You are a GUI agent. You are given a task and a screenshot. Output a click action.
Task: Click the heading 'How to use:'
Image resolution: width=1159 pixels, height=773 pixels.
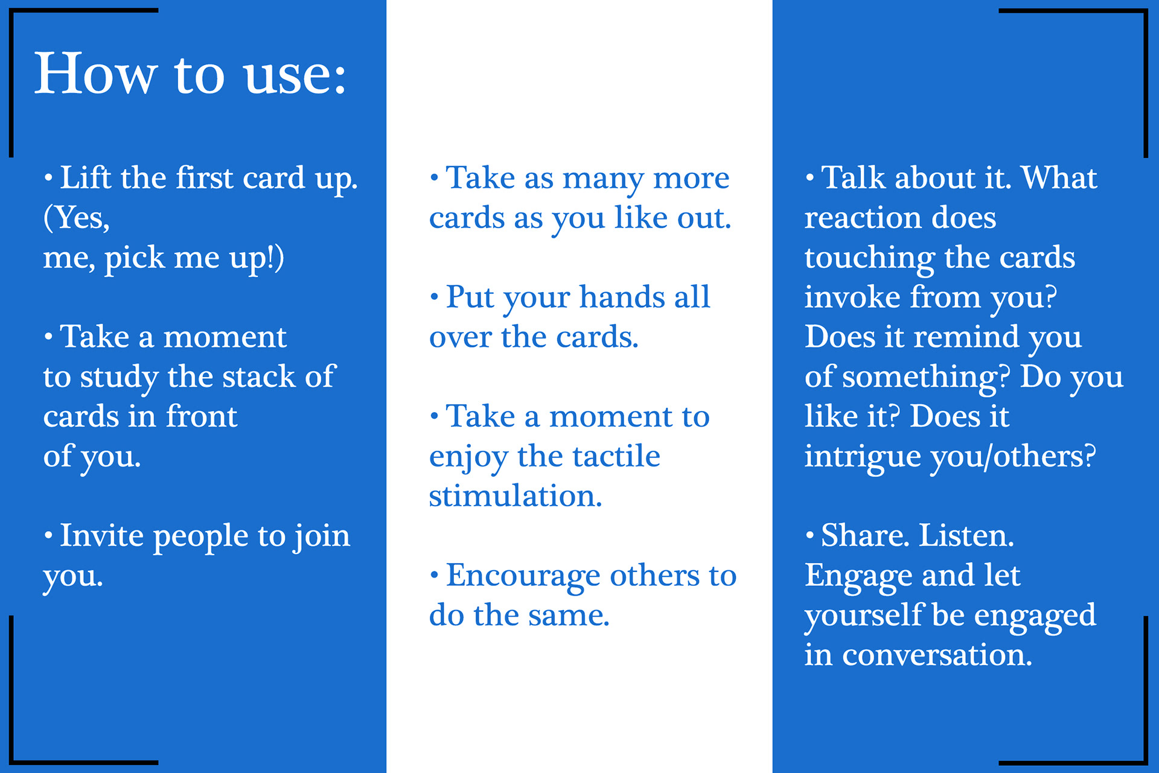click(x=190, y=74)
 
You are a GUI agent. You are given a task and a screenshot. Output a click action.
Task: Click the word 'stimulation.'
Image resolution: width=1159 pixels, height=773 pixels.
click(x=516, y=497)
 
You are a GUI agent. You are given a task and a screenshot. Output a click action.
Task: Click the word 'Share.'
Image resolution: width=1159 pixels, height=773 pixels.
click(x=865, y=536)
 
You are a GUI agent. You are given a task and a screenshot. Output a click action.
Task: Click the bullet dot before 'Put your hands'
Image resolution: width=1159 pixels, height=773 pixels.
click(x=434, y=297)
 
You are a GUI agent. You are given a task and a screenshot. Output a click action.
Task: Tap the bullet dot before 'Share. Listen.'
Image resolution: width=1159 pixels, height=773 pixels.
click(x=809, y=535)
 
